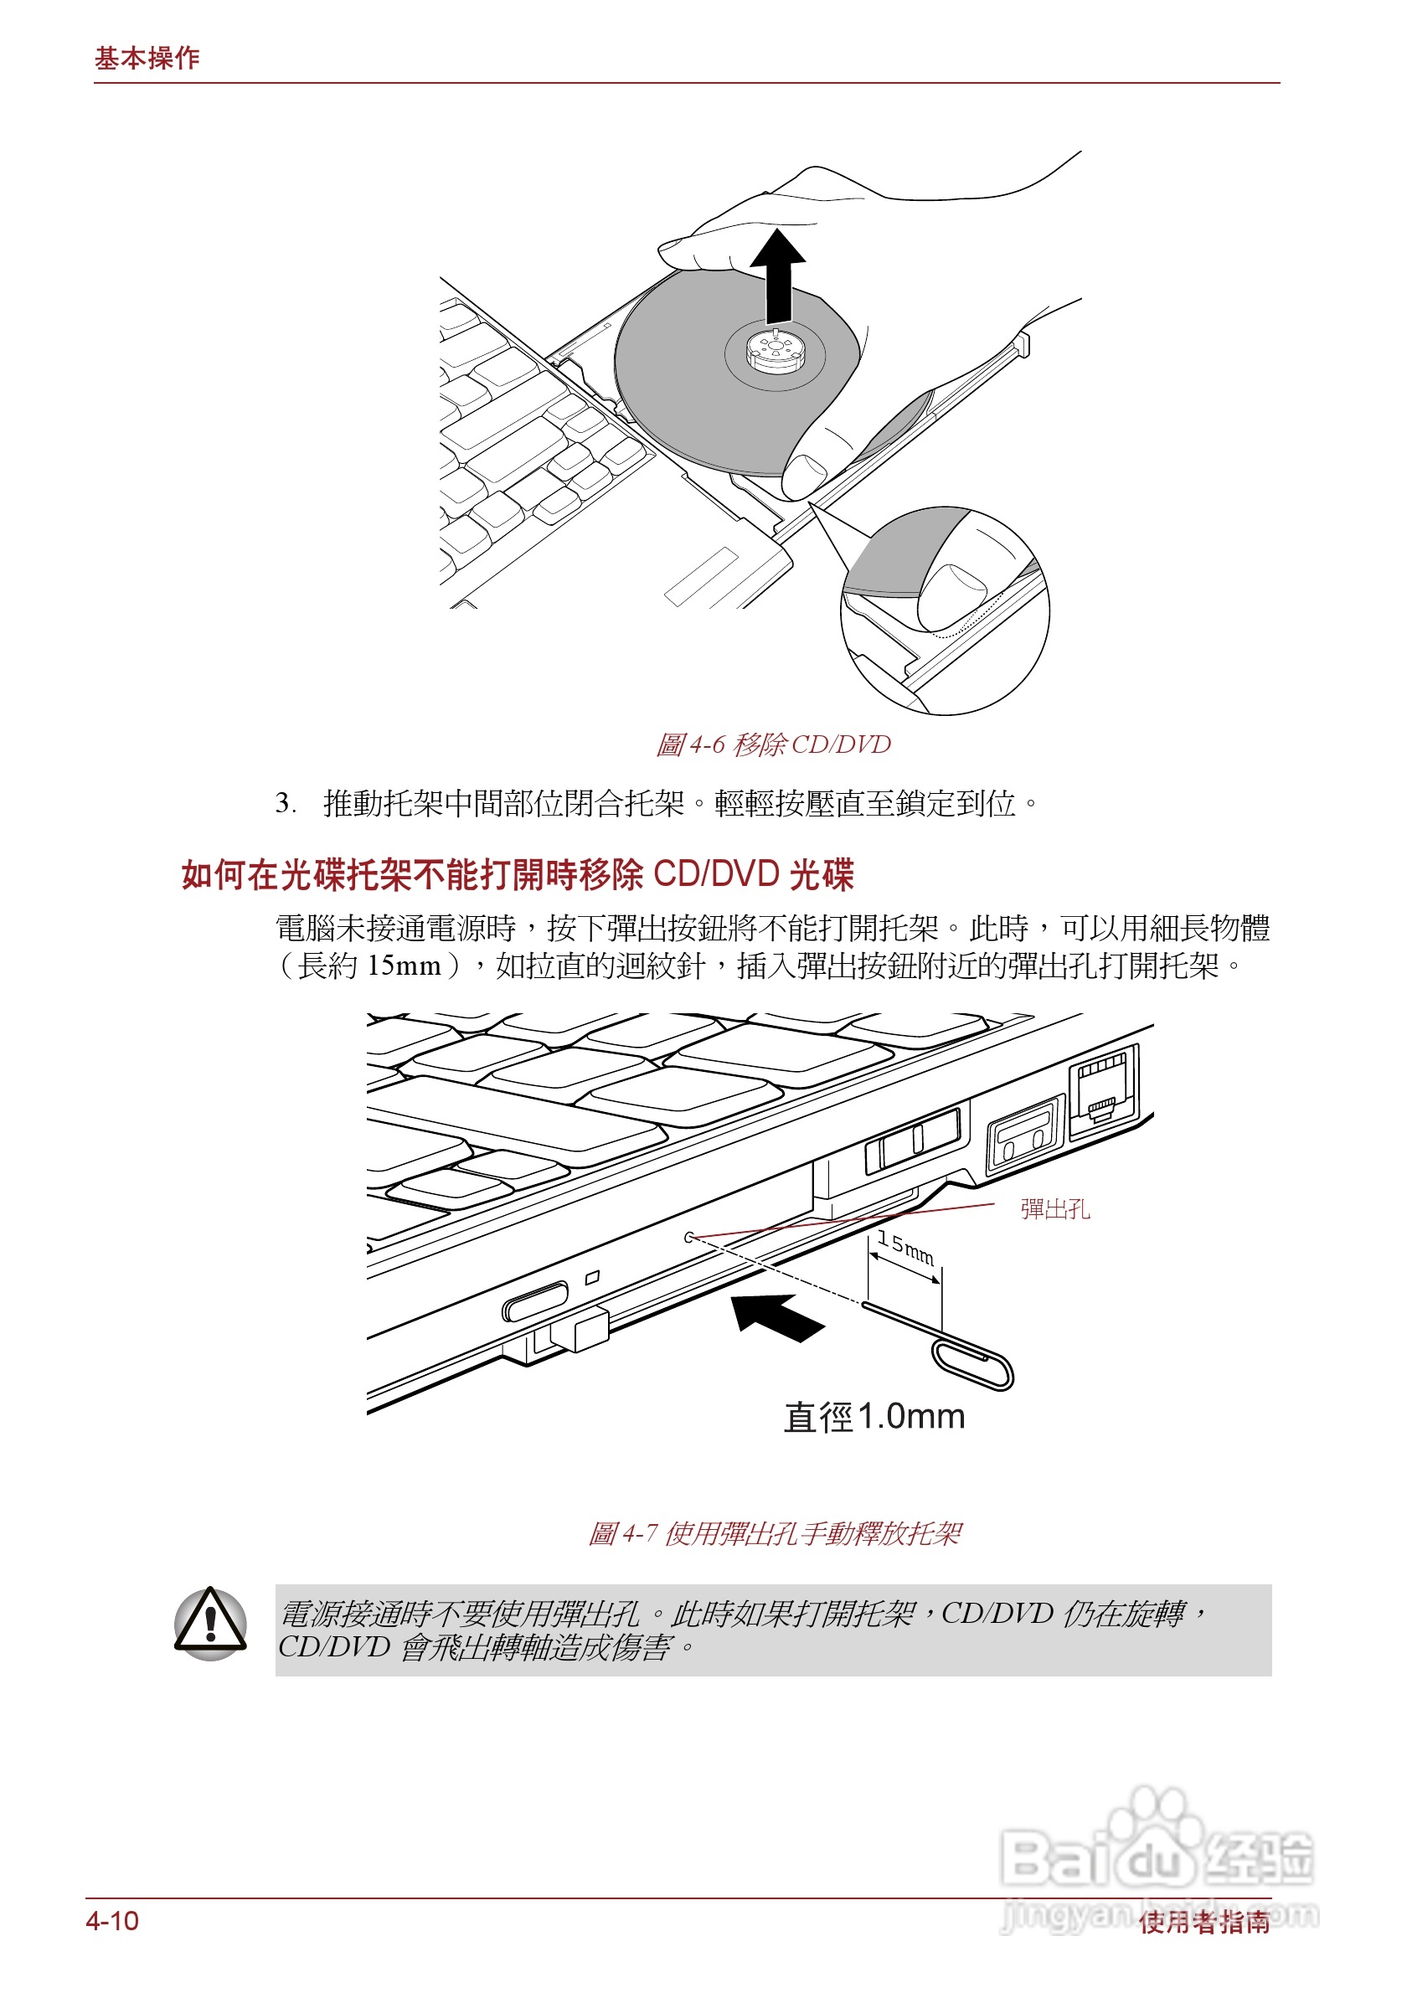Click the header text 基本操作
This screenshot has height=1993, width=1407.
tap(147, 58)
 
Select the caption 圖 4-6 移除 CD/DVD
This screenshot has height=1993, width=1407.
tap(772, 744)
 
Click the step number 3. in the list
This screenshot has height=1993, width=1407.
tap(285, 802)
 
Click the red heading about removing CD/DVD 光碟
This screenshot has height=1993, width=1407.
tap(518, 873)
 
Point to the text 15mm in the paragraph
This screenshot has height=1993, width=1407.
tap(404, 966)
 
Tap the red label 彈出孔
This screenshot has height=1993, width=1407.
tap(1054, 1208)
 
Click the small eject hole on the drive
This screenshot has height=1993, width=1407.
tap(689, 1237)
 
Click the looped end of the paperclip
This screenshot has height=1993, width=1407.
tap(972, 1362)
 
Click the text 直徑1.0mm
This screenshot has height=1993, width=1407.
tap(874, 1417)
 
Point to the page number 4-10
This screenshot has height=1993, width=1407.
tap(112, 1920)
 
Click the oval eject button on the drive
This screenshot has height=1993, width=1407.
tap(534, 1300)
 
